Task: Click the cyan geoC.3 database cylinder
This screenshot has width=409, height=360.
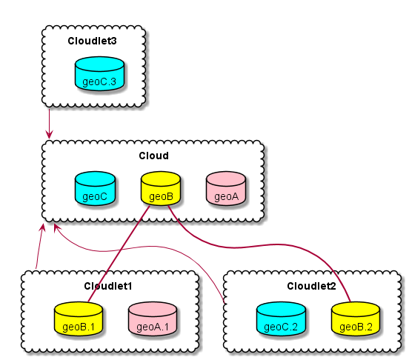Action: click(99, 74)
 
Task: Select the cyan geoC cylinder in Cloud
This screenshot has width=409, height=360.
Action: click(95, 188)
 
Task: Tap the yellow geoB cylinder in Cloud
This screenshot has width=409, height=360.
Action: click(161, 188)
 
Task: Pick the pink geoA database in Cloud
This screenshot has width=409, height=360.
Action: click(226, 188)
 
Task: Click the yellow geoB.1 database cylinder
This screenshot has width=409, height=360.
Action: click(79, 319)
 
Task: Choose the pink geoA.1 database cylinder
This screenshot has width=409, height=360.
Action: click(153, 319)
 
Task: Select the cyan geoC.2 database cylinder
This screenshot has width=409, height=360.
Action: click(281, 319)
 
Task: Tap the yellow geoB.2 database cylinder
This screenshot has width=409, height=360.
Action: click(356, 319)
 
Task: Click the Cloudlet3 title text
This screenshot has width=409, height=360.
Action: click(92, 41)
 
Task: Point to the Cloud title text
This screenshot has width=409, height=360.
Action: click(153, 156)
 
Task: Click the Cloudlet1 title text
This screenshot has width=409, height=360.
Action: click(107, 286)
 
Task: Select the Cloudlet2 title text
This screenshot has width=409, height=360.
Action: click(311, 286)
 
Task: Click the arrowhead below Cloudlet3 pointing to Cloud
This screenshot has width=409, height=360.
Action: click(49, 135)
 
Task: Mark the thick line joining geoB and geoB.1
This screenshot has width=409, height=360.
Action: click(119, 254)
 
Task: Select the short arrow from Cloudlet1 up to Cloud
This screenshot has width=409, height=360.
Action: click(39, 247)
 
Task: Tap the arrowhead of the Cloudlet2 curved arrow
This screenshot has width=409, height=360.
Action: click(56, 227)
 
